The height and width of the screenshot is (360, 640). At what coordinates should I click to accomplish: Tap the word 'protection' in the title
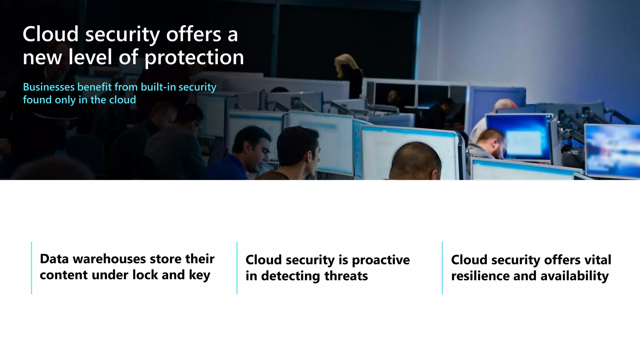pyautogui.click(x=194, y=57)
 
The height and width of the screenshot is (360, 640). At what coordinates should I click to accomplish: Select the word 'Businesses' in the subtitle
pyautogui.click(x=49, y=87)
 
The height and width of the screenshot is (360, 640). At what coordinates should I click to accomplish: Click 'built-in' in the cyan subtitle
pyautogui.click(x=158, y=87)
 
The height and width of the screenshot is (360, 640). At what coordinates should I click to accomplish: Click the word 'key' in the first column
pyautogui.click(x=199, y=276)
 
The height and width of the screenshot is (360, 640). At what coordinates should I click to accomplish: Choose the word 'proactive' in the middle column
pyautogui.click(x=381, y=260)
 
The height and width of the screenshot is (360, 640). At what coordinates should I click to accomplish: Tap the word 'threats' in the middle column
pyautogui.click(x=346, y=276)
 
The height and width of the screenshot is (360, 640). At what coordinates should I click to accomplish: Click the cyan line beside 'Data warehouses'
pyautogui.click(x=32, y=268)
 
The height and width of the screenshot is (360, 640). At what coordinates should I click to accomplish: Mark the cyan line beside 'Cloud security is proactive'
pyautogui.click(x=237, y=268)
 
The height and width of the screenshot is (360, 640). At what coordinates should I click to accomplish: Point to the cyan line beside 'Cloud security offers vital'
pyautogui.click(x=442, y=268)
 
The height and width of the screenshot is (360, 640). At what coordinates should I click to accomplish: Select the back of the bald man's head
pyautogui.click(x=416, y=161)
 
